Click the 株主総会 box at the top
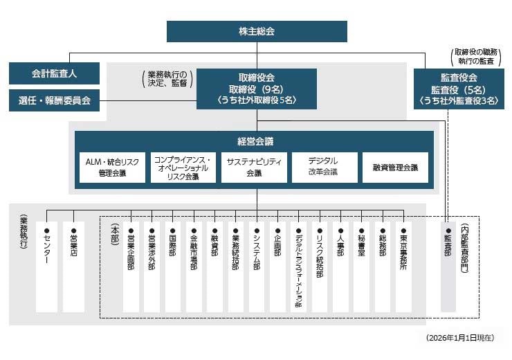257,32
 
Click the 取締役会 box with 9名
257,89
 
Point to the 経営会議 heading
255,141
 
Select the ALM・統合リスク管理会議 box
112,168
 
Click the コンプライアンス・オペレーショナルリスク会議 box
183,168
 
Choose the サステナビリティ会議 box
254,168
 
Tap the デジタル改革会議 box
324,168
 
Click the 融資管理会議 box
395,168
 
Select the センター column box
46,267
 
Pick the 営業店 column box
73,267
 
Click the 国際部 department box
172,267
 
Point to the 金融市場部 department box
194,267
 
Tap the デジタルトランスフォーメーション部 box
298,267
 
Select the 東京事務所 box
403,267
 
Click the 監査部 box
449,267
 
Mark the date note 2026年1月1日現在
460,338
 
